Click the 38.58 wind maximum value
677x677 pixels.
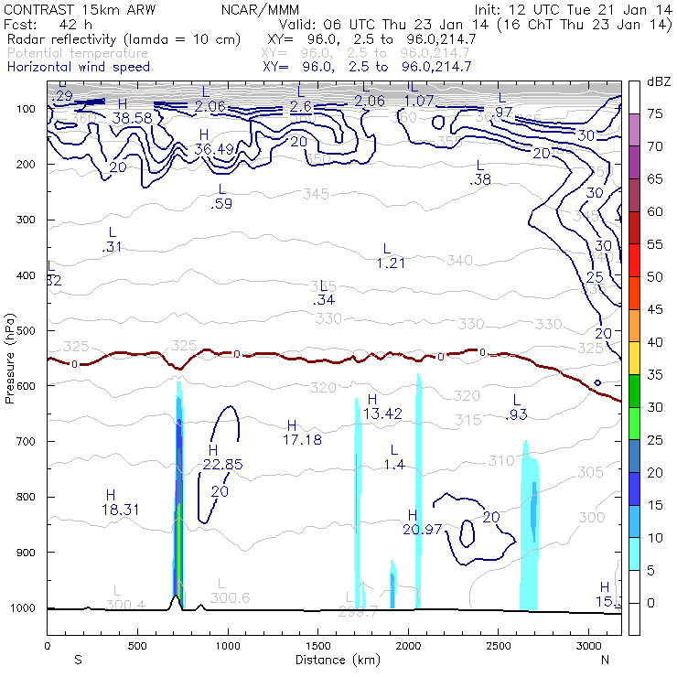tap(132, 118)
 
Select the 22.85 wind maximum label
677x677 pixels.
tap(223, 464)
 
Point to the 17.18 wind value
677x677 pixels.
tap(302, 440)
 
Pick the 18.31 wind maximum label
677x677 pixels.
tap(120, 509)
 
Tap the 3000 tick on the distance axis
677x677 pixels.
tap(586, 645)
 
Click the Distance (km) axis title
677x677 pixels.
tap(334, 660)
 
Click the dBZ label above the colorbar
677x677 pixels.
tap(659, 82)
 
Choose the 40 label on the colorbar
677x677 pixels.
tap(655, 341)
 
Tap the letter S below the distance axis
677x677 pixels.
tap(78, 660)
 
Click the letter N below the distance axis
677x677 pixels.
tap(605, 660)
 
